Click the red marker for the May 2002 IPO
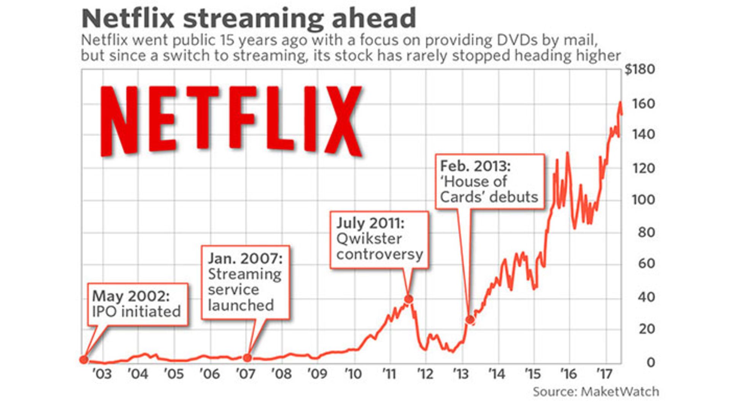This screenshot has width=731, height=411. click(84, 359)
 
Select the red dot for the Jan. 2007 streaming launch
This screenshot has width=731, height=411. click(247, 358)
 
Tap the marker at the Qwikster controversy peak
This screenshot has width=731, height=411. click(409, 299)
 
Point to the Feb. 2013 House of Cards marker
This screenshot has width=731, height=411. click(470, 320)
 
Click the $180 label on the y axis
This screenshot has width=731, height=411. click(640, 70)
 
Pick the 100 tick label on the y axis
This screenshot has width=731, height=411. click(643, 200)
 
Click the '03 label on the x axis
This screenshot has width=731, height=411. click(102, 374)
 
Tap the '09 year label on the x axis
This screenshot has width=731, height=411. click(317, 374)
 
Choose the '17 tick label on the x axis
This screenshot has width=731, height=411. click(604, 374)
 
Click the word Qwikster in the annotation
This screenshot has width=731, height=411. click(369, 239)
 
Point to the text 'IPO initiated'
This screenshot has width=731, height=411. click(136, 312)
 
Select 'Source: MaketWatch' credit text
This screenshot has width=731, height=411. click(595, 392)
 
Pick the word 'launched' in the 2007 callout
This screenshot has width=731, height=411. click(241, 305)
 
